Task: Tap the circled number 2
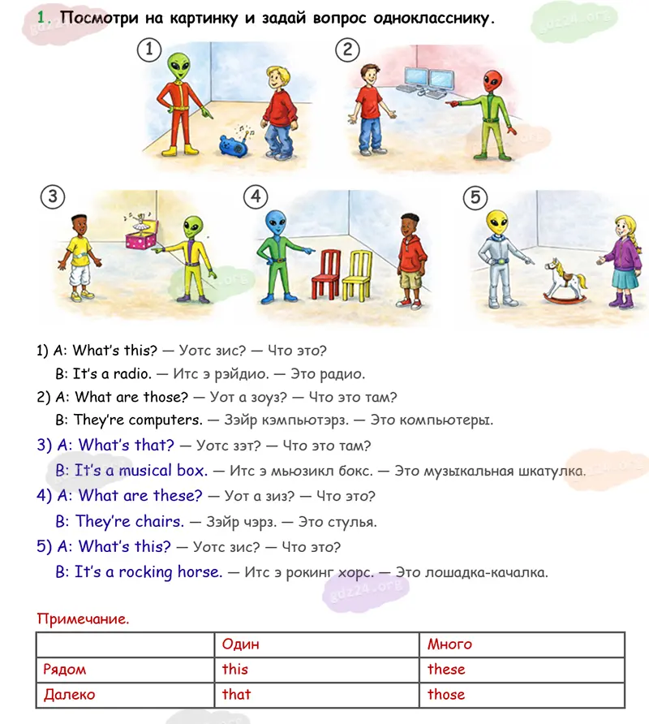click(347, 50)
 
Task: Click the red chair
click(326, 274)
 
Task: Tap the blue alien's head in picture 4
click(277, 223)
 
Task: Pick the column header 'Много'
click(450, 644)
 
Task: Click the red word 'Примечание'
click(83, 619)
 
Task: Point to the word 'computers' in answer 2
click(165, 420)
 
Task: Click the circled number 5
click(475, 197)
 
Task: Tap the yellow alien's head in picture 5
click(496, 218)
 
